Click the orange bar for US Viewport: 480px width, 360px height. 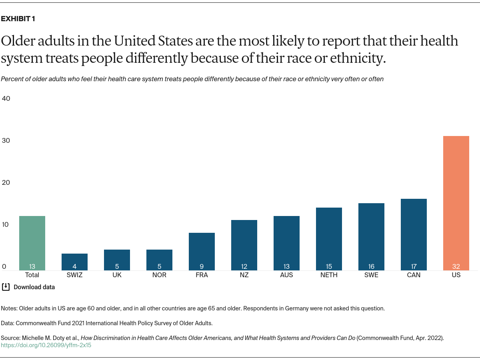pyautogui.click(x=456, y=203)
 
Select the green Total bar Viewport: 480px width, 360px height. pyautogui.click(x=32, y=243)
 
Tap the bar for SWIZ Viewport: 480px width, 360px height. pyautogui.click(x=74, y=262)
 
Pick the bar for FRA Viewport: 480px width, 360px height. pyautogui.click(x=202, y=251)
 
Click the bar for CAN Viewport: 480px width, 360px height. pyautogui.click(x=414, y=234)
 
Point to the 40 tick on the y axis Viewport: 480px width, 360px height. pyautogui.click(x=6, y=98)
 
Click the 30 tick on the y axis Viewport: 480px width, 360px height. pyautogui.click(x=6, y=140)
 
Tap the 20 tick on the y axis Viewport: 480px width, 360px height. pyautogui.click(x=6, y=182)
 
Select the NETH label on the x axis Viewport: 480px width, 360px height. pyautogui.click(x=329, y=275)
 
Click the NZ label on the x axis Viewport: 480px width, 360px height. pyautogui.click(x=244, y=275)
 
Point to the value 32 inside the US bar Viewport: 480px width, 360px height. pyautogui.click(x=456, y=266)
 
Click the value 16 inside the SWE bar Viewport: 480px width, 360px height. pyautogui.click(x=371, y=266)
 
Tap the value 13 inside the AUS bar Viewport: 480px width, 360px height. pyautogui.click(x=286, y=266)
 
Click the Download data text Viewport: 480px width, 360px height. pyautogui.click(x=34, y=287)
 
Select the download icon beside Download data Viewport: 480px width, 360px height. pyautogui.click(x=6, y=287)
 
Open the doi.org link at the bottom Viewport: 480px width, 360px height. pyautogui.click(x=46, y=345)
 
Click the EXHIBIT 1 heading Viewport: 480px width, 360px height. pyautogui.click(x=18, y=19)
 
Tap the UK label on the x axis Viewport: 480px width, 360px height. pyautogui.click(x=117, y=275)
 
